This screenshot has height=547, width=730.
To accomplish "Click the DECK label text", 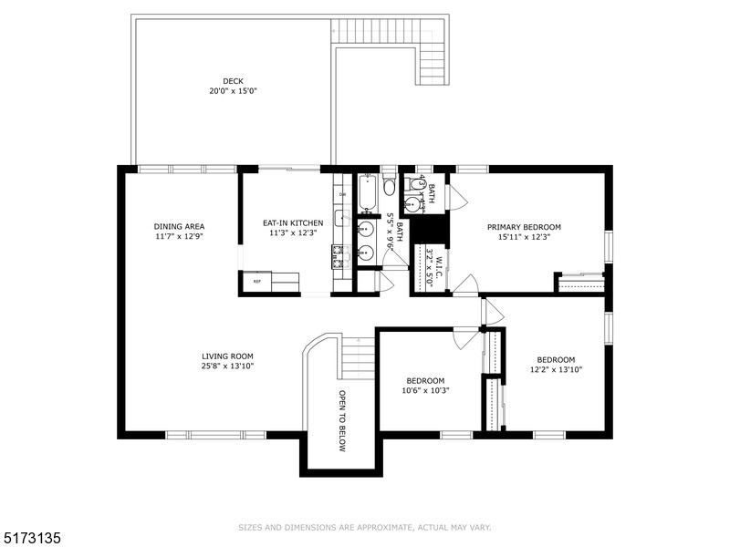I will (x=233, y=80).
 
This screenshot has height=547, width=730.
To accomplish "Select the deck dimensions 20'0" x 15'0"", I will (x=233, y=91).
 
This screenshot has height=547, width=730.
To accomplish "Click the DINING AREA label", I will (x=179, y=226).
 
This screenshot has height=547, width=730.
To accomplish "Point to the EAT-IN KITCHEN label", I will (x=293, y=222).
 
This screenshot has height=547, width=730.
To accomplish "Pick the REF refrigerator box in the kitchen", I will (x=256, y=282).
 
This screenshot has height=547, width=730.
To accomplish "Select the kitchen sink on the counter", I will (x=342, y=219).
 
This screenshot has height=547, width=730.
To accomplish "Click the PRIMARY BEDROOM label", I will (x=524, y=227).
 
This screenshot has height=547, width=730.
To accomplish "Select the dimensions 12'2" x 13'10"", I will (x=557, y=369).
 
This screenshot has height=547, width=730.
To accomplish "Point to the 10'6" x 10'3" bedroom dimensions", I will (x=425, y=390).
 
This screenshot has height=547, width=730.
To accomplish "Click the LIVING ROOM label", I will (x=227, y=356).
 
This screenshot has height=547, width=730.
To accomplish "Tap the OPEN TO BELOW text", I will (x=342, y=421).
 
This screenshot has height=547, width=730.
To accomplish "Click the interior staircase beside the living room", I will (x=358, y=357).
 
